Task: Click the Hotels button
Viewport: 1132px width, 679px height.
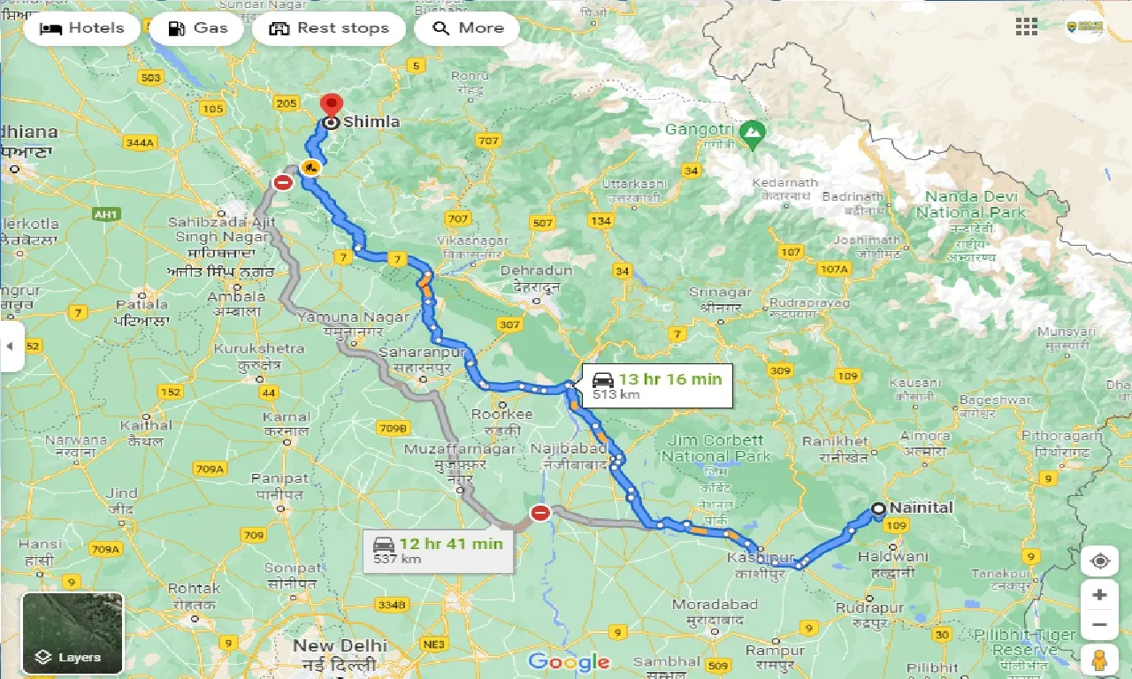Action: click(x=81, y=28)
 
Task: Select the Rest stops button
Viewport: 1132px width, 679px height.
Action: click(x=328, y=28)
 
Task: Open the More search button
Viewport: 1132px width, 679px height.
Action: click(x=466, y=28)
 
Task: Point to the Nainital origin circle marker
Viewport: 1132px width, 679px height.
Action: click(x=878, y=508)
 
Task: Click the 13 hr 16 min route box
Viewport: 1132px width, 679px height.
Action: click(x=657, y=385)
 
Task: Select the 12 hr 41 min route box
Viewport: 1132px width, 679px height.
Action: click(x=438, y=550)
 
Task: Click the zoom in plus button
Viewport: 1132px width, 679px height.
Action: click(x=1099, y=595)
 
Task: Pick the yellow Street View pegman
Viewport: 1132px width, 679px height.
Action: click(x=1099, y=660)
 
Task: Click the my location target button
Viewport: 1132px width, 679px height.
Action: click(x=1099, y=561)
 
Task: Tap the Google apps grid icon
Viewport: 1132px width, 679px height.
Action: click(x=1027, y=27)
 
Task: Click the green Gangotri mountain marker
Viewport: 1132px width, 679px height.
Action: click(x=753, y=135)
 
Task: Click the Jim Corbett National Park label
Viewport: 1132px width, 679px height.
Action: click(x=716, y=448)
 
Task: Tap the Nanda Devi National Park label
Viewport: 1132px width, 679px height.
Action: click(x=970, y=204)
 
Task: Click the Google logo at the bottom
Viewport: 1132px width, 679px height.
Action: click(x=568, y=661)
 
